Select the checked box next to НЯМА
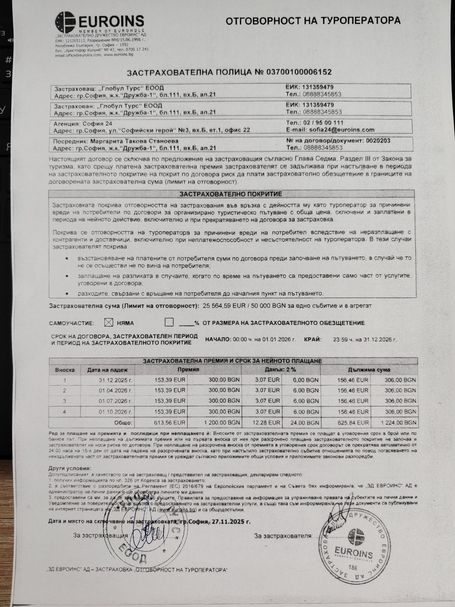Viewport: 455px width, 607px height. coord(108,323)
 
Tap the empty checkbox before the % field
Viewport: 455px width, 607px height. coord(169,322)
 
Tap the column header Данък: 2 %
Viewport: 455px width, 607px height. coord(281,370)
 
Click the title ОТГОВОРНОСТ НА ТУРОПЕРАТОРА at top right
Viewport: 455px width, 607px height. coord(313,21)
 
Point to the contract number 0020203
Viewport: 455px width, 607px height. coord(378,141)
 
